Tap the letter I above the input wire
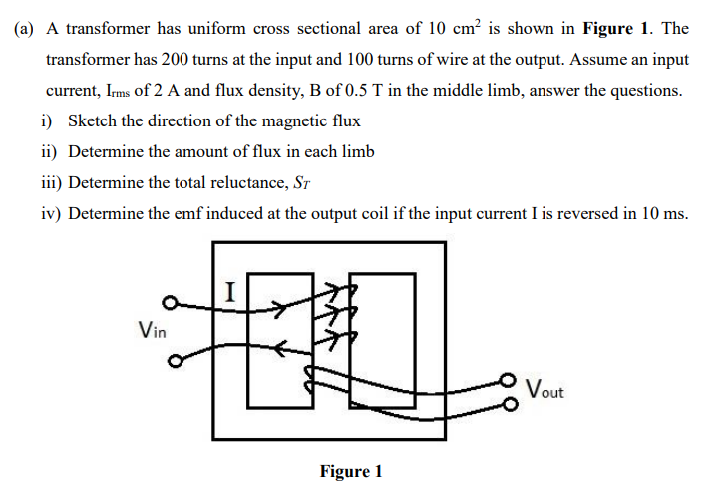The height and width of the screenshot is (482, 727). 230,292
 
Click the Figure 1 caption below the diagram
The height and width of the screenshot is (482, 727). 350,471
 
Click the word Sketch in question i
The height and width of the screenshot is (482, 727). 92,121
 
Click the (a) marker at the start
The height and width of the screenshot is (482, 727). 25,29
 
